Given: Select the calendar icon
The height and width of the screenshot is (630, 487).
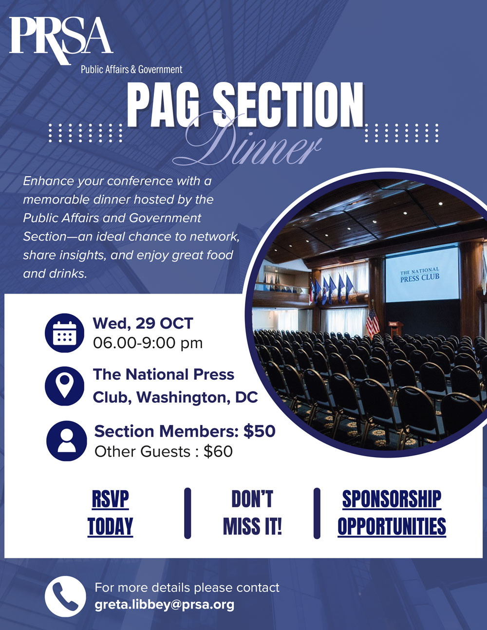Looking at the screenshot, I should point(64,333).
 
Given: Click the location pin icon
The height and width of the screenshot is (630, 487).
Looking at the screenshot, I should point(64,386).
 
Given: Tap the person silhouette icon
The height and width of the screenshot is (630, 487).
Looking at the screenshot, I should point(66,441).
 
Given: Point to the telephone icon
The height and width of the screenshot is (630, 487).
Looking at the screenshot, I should point(65,596).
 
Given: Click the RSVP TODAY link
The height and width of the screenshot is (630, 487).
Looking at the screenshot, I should point(110,513).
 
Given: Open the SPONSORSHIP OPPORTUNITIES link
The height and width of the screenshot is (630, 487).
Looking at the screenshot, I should point(392,513).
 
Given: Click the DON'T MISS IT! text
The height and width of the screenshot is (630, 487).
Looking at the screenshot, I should point(252,513).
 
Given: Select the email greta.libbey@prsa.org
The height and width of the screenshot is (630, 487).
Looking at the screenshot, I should point(164,605).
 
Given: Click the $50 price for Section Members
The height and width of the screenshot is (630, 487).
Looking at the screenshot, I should point(259,431).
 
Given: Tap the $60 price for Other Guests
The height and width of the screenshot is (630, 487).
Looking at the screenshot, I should point(218,451).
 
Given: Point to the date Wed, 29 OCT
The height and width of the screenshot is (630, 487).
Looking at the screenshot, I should point(143,323).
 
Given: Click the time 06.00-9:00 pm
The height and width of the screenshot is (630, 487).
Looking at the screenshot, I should point(148,343).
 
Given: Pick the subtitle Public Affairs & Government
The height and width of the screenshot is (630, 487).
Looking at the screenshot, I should point(131,70).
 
